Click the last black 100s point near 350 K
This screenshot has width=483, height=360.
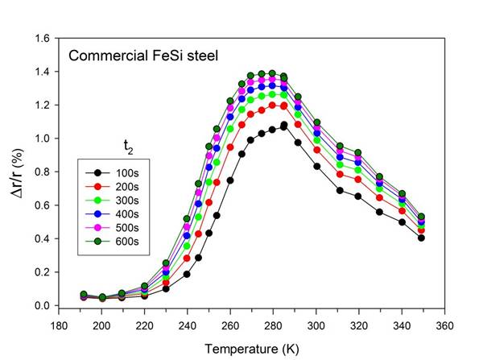point(421,238)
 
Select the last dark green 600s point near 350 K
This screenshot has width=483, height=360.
point(421,217)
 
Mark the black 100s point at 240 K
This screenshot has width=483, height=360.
point(188,274)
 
